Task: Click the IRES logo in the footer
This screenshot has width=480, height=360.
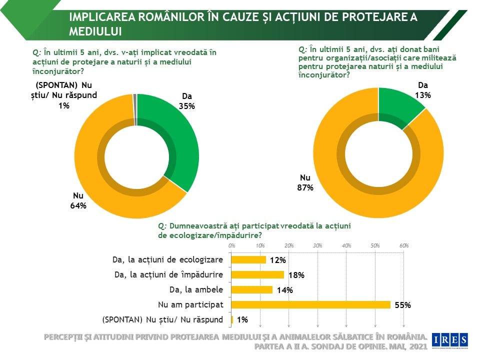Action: (449, 339)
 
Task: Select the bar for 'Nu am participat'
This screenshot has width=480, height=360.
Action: (310, 304)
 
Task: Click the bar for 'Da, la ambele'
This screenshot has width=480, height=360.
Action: (252, 289)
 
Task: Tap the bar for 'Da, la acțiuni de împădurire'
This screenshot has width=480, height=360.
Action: (257, 274)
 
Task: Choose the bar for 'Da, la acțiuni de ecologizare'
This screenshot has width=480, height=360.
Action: (249, 259)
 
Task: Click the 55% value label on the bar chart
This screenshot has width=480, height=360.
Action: (402, 305)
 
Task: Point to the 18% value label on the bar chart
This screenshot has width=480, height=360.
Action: (296, 275)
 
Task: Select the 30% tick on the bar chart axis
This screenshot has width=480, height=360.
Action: (317, 245)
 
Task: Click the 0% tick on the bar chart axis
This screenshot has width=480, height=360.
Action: (231, 245)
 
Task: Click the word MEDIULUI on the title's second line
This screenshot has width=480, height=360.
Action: (95, 31)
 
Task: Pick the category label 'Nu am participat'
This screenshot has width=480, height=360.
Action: (197, 304)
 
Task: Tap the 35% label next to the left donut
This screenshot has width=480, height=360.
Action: (187, 105)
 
